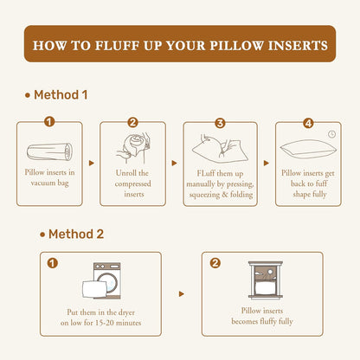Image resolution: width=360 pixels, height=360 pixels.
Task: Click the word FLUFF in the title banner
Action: tap(117, 46)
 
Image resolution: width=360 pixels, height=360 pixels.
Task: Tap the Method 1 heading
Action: tap(56, 95)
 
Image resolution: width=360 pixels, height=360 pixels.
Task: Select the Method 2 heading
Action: tap(72, 234)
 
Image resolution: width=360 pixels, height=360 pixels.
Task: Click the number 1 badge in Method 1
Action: tap(49, 122)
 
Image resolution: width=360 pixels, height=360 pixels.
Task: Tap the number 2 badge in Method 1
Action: tap(132, 123)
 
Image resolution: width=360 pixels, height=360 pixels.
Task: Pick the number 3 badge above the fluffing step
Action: tap(220, 123)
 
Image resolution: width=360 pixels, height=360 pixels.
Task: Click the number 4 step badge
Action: tap(308, 124)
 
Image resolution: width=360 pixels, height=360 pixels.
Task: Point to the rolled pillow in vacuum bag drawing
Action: tap(49, 151)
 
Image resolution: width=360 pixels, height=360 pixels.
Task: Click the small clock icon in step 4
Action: tap(332, 134)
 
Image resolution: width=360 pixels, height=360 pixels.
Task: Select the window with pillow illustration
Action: tap(266, 280)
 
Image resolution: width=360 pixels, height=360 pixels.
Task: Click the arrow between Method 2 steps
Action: tap(181, 294)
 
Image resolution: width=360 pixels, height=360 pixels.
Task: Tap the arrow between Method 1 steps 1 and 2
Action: tap(92, 164)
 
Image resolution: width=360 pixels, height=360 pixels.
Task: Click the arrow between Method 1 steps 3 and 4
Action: tap(267, 164)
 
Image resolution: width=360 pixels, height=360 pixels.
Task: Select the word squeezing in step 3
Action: tap(204, 195)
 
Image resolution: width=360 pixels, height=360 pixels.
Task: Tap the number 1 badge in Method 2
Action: tap(53, 263)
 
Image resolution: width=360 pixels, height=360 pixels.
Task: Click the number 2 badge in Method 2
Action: tap(215, 263)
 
